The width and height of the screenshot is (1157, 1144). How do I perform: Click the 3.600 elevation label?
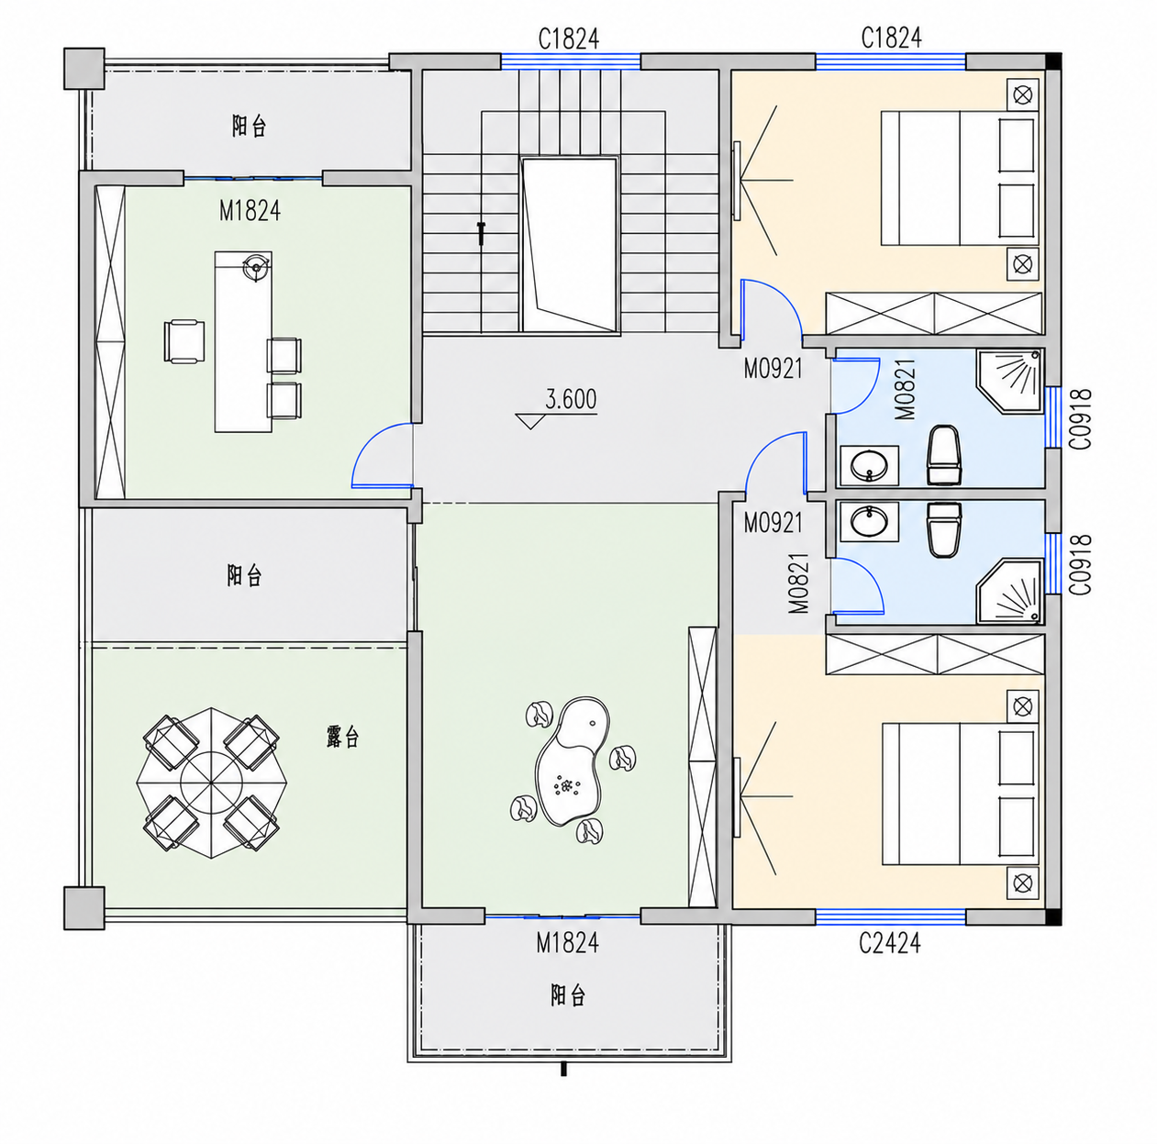click(x=571, y=399)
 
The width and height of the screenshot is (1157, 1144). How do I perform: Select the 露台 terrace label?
click(x=342, y=737)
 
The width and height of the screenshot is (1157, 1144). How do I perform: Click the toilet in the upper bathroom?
click(x=944, y=455)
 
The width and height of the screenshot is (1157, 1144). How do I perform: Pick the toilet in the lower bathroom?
click(x=944, y=529)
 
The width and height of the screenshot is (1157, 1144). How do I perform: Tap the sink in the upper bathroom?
click(x=869, y=465)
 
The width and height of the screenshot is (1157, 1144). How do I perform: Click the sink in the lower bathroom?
click(x=869, y=520)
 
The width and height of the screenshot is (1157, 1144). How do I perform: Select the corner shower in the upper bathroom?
click(x=1010, y=382)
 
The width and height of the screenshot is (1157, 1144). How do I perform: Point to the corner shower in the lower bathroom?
click(x=1010, y=591)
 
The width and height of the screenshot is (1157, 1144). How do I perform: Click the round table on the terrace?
click(x=211, y=783)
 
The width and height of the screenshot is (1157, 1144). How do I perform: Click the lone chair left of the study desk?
click(x=184, y=341)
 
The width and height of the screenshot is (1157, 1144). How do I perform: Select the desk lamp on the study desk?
click(x=256, y=266)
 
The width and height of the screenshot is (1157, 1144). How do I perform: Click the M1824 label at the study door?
click(x=250, y=211)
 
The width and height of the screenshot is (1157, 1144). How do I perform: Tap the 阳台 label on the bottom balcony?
click(x=567, y=995)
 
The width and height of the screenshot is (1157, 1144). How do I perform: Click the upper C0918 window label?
click(x=1082, y=418)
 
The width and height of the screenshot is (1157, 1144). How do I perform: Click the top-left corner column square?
click(x=84, y=69)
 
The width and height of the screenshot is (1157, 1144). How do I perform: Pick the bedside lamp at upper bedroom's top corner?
click(x=1022, y=94)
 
